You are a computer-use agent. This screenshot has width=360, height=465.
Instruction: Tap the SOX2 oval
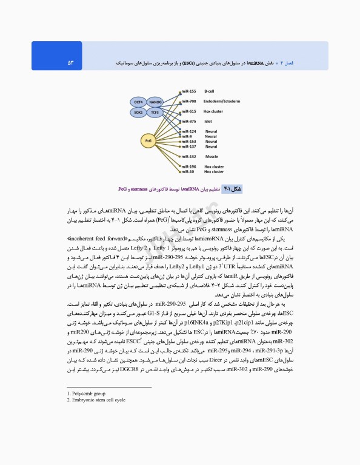point(139,113)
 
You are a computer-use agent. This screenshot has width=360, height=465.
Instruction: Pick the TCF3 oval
point(155,113)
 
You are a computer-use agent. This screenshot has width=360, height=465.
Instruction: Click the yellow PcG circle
point(147,140)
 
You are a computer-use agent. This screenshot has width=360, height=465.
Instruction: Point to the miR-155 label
point(188,91)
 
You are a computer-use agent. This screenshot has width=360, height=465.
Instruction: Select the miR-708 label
point(188,101)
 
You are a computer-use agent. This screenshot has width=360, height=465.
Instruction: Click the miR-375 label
point(188,121)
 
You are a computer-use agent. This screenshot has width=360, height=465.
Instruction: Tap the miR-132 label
point(188,156)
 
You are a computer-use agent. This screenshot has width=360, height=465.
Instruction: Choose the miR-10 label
point(187,172)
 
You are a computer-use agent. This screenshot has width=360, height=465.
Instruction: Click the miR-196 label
point(188,167)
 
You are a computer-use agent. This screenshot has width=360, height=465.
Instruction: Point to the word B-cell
point(209,91)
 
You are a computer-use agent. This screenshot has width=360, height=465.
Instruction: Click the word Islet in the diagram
point(208,121)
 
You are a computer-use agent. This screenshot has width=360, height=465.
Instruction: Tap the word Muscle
point(212,156)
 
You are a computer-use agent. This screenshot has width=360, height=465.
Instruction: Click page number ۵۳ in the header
point(70,62)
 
